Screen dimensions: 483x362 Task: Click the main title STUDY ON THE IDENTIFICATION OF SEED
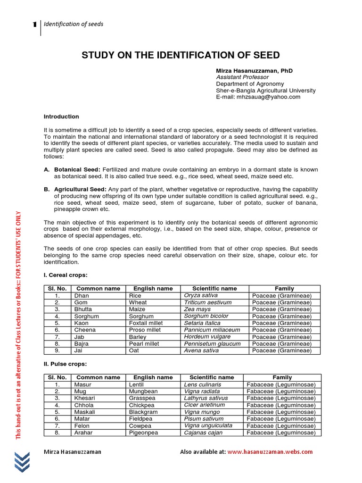pos(181,55)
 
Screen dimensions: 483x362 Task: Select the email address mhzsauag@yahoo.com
pos(258,97)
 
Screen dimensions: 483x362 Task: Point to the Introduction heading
pos(61,117)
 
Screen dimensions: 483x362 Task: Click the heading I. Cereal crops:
pos(65,275)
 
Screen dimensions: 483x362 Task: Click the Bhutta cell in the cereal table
pos(83,309)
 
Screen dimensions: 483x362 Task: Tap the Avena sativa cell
pos(201,350)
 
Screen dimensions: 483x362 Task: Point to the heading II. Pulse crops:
pos(66,364)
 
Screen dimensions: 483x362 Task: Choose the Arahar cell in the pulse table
pos(83,433)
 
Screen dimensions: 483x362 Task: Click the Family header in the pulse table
pos(282,377)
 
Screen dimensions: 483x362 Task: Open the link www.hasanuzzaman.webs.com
pos(270,451)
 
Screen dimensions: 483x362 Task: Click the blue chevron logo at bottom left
pos(24,461)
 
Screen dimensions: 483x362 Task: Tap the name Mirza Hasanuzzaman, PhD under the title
pos(254,70)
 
